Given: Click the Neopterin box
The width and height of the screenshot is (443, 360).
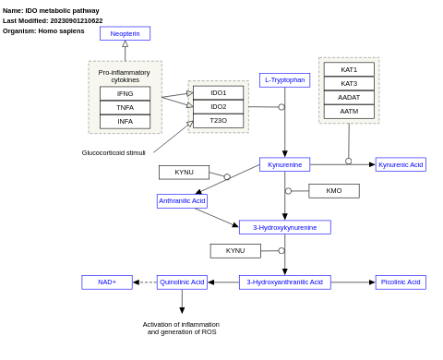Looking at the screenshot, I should [x=125, y=33].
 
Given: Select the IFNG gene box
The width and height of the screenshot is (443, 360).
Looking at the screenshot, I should [x=125, y=93].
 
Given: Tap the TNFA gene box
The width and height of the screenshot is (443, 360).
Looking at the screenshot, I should [x=125, y=107].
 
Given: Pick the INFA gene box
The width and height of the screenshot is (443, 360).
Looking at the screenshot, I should [x=125, y=121].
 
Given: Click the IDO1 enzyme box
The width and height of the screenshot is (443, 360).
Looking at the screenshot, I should [x=218, y=92].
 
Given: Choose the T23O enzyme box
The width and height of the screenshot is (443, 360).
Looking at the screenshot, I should [x=218, y=120].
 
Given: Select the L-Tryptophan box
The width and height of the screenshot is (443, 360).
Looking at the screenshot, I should [x=284, y=80].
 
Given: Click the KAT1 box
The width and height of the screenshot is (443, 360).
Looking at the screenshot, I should [x=349, y=69].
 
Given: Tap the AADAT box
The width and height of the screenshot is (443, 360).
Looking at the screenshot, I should [x=349, y=97].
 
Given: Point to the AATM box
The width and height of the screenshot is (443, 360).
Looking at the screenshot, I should [x=349, y=111].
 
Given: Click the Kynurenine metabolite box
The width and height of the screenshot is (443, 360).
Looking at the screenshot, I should [x=284, y=164].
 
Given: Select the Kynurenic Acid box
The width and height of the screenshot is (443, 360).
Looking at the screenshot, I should [x=401, y=164].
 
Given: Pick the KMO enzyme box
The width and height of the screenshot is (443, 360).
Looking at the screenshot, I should [x=333, y=191].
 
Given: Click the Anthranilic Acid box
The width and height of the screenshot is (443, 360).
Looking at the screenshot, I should [x=182, y=200].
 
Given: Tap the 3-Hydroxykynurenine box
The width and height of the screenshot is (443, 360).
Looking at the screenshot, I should [x=284, y=227].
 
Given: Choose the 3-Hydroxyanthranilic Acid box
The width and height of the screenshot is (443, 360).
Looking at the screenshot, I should [x=284, y=282].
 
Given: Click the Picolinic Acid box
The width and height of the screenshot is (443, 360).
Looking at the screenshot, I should [x=401, y=282].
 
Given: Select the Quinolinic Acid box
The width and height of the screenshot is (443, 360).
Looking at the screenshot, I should [x=182, y=282].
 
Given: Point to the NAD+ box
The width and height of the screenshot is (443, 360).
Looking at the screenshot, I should [x=107, y=282].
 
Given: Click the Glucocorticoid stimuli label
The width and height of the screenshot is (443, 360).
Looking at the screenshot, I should [x=114, y=152].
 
